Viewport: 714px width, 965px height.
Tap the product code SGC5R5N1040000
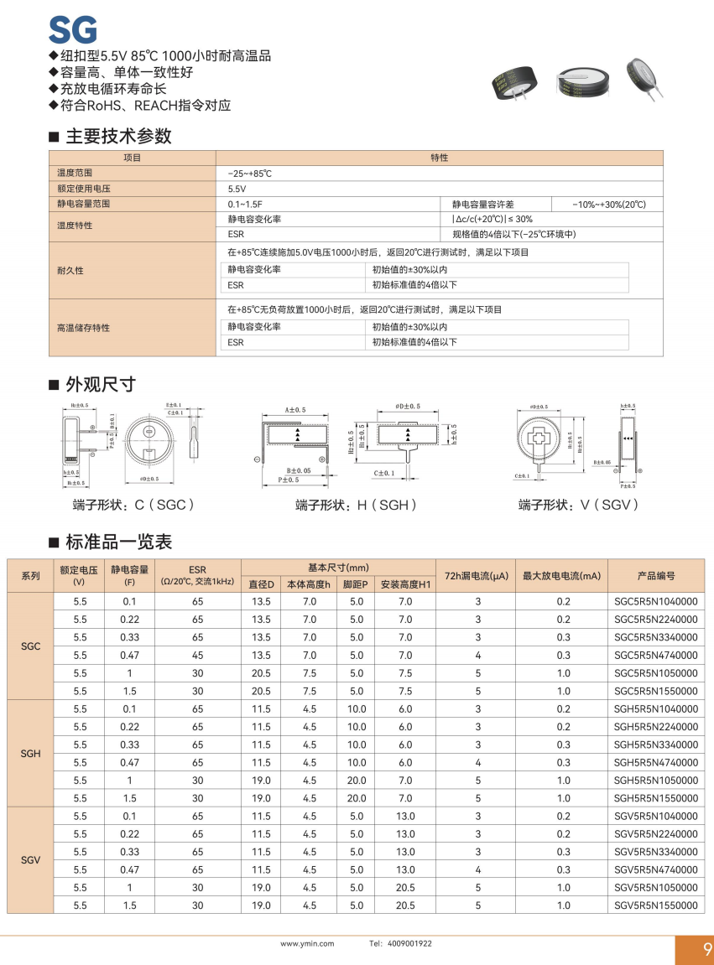(655, 601)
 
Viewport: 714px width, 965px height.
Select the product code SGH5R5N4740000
(655, 762)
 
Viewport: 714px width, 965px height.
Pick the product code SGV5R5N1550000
(655, 905)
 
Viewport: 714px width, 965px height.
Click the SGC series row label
(30, 646)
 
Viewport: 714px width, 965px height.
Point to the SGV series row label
(30, 861)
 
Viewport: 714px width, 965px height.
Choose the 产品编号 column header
(656, 576)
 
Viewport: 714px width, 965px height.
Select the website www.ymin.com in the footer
(307, 943)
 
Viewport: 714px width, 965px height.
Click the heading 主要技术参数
(118, 136)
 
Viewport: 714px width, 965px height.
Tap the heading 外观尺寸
(101, 385)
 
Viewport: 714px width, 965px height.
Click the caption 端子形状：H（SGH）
(356, 505)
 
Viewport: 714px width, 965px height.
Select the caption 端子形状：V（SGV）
(579, 505)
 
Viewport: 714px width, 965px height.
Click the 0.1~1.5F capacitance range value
(245, 205)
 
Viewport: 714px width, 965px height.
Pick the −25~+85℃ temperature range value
(250, 173)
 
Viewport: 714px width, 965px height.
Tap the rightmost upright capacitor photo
(644, 75)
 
